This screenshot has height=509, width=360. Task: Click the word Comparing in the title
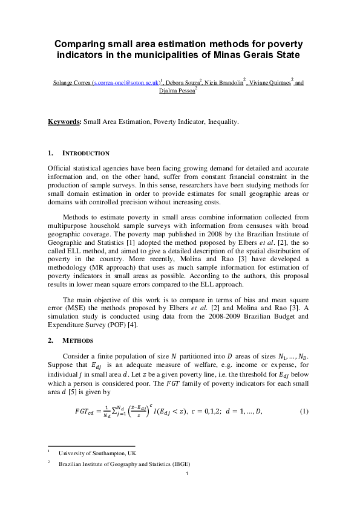[x=78, y=44]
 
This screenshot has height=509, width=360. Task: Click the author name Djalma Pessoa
[x=178, y=91]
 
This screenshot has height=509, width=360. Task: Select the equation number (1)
[x=304, y=395]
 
